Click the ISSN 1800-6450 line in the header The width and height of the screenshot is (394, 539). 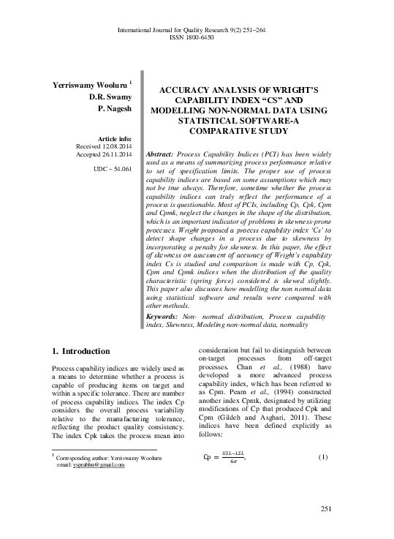tap(197, 37)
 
